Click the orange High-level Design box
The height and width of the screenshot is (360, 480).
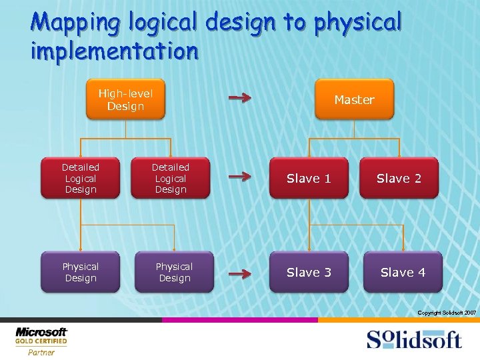click(125, 99)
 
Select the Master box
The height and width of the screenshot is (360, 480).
click(354, 99)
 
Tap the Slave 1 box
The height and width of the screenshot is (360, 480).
click(309, 178)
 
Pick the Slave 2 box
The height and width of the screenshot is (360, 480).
click(399, 178)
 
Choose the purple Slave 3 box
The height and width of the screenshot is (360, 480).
click(309, 272)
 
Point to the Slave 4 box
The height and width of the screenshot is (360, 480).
click(403, 272)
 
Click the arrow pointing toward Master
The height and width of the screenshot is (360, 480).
click(239, 99)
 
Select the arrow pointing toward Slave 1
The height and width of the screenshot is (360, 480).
click(239, 177)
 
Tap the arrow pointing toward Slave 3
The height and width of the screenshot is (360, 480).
click(239, 272)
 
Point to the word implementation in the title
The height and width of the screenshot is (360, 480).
click(114, 51)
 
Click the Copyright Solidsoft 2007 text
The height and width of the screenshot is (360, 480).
click(446, 313)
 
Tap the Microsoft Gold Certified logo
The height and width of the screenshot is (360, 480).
click(41, 335)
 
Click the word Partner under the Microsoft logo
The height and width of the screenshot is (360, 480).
click(41, 353)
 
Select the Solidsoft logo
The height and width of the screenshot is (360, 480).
click(413, 339)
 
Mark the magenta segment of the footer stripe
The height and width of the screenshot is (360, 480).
click(240, 320)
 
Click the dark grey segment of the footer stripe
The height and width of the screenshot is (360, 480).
click(81, 320)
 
